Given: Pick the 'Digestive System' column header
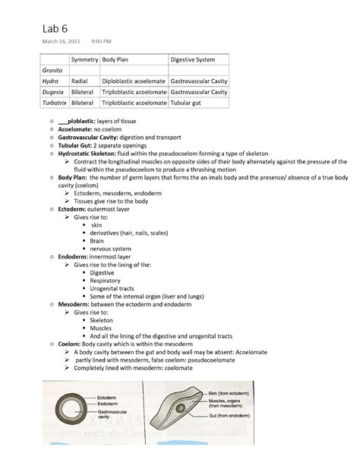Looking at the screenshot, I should tap(192, 59).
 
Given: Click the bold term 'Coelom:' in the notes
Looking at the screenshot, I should tap(73, 344).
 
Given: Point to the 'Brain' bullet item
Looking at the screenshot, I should tap(96, 241).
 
